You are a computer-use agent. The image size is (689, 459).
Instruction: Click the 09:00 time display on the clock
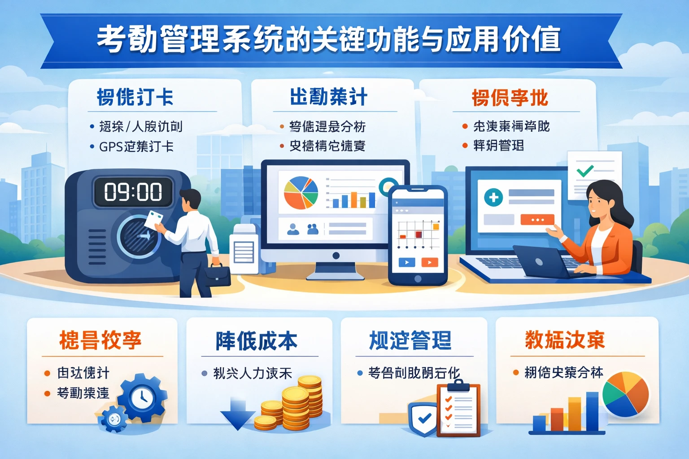133,192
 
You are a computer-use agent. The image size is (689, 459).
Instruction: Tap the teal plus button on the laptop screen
493,197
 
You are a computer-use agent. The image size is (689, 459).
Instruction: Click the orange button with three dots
537,220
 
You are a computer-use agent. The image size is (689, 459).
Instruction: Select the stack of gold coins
296,403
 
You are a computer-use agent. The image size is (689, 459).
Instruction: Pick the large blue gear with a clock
143,397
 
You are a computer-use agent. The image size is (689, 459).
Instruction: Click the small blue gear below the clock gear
114,419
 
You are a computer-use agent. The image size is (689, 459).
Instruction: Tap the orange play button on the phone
429,263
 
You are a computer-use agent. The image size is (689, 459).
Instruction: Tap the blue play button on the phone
406,263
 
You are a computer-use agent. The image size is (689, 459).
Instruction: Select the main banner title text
329,39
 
